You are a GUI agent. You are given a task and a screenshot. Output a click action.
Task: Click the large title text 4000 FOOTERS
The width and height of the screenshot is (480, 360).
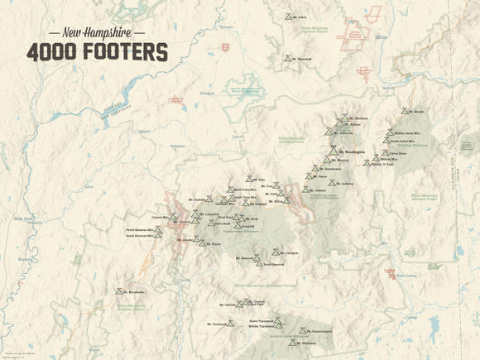97,51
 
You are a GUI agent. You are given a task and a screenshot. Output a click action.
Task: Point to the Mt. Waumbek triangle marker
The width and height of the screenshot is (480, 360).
287,60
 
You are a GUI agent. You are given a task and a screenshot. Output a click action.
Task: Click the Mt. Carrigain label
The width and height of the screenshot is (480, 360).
287,252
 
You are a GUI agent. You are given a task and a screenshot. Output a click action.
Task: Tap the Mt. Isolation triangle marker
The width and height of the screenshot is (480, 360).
336,183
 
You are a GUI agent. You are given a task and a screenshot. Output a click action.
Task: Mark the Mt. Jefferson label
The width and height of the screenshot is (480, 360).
346,132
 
